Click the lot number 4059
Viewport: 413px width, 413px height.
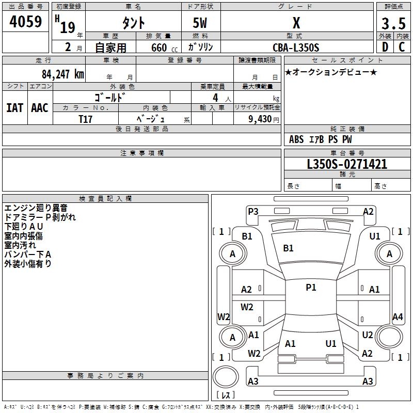[x=25, y=22]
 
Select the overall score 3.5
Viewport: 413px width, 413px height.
[x=393, y=24]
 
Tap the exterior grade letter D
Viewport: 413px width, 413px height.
[x=385, y=47]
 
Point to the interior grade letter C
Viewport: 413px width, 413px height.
[x=402, y=47]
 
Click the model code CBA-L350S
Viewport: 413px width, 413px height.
[x=296, y=47]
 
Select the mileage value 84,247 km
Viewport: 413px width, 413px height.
[x=63, y=74]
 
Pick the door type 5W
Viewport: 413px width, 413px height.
[x=200, y=23]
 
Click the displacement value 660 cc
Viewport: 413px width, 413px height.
[x=164, y=48]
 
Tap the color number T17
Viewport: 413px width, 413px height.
[x=85, y=119]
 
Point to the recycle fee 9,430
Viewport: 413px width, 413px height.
[x=260, y=119]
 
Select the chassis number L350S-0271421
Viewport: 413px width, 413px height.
[x=347, y=164]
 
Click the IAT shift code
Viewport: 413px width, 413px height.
[x=15, y=108]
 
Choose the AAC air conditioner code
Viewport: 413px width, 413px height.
[x=40, y=108]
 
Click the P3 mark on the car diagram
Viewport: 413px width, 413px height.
[x=253, y=212]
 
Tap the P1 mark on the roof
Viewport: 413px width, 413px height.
[x=311, y=288]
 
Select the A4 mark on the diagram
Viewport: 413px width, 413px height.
[x=398, y=316]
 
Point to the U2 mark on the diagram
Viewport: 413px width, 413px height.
[x=368, y=335]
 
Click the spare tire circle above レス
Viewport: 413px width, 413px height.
[x=226, y=376]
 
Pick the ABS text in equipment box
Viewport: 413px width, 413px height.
[x=296, y=139]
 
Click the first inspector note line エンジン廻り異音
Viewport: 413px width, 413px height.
[x=36, y=208]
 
